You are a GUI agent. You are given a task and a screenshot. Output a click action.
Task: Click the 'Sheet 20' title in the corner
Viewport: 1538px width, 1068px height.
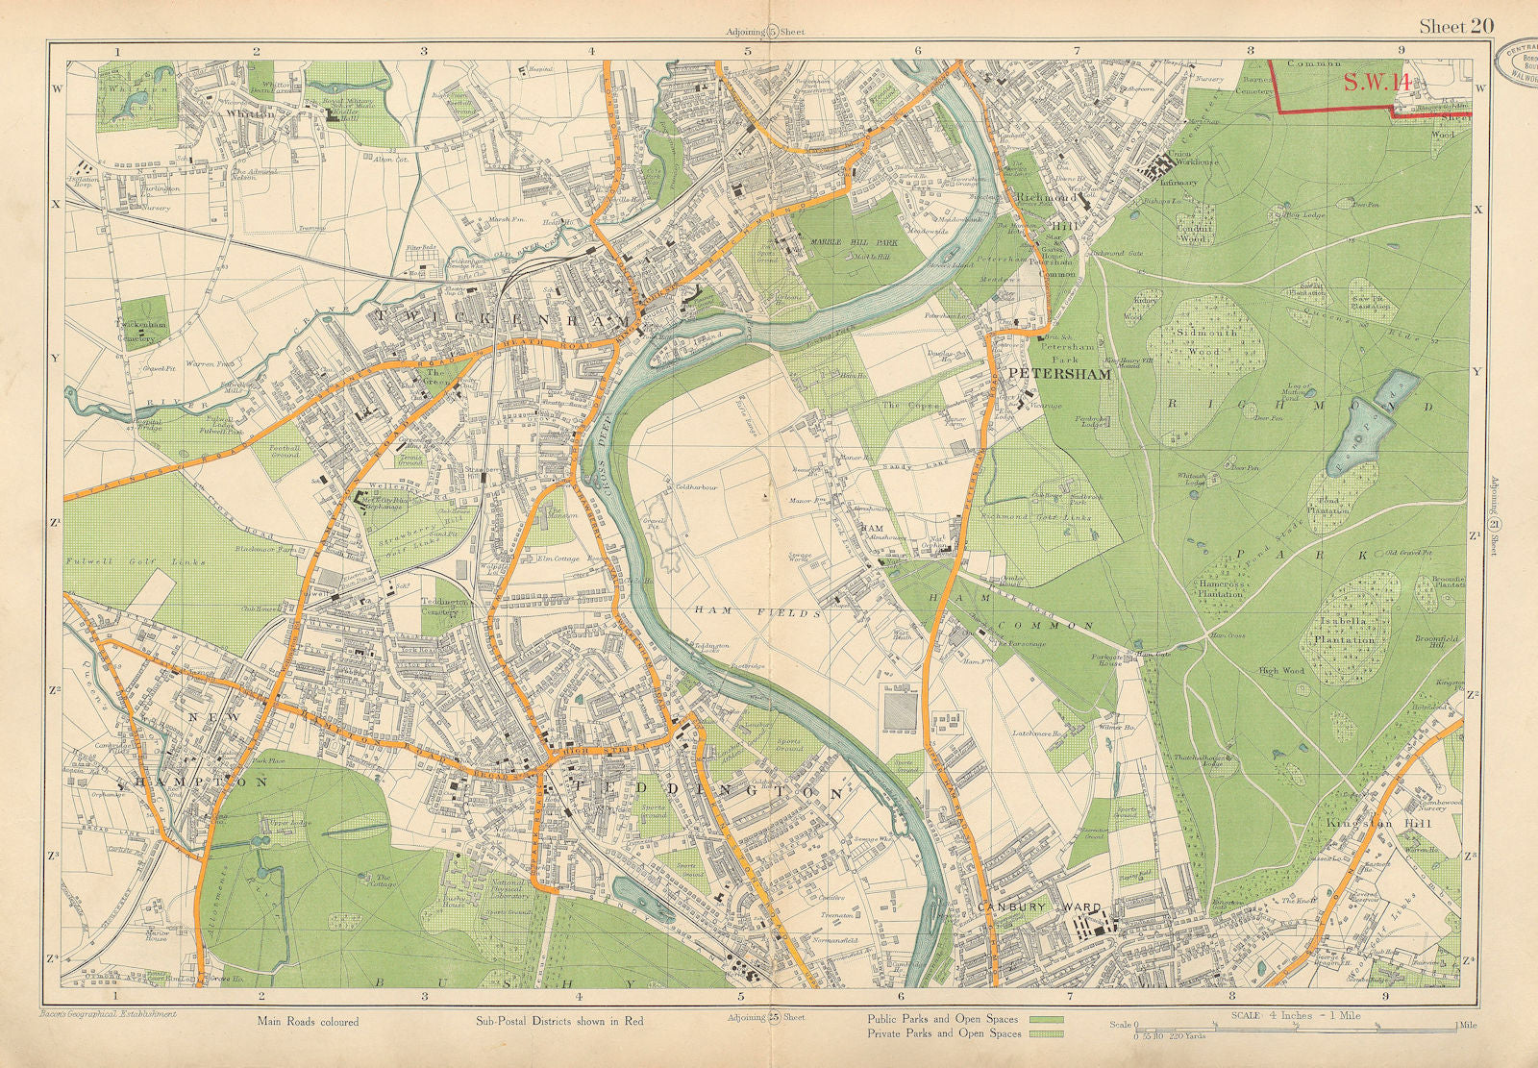(1455, 26)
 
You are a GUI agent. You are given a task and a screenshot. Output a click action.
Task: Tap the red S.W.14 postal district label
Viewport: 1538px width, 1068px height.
(1377, 83)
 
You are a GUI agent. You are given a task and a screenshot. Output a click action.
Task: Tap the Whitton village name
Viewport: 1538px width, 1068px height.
(245, 113)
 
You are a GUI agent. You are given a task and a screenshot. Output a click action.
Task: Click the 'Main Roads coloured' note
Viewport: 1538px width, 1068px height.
(307, 1021)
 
